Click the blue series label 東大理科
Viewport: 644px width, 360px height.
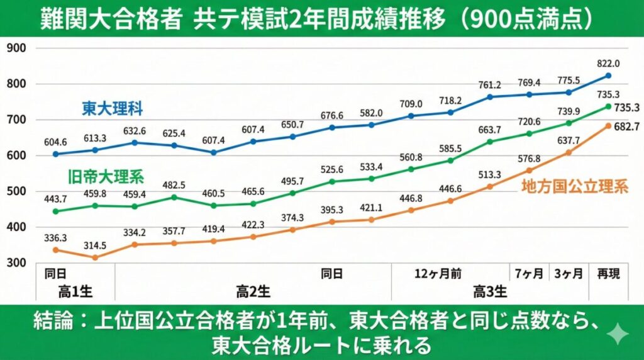click(x=113, y=109)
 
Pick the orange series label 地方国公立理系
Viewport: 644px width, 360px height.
click(x=574, y=187)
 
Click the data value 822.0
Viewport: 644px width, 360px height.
click(x=608, y=64)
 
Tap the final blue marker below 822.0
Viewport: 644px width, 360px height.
click(x=608, y=76)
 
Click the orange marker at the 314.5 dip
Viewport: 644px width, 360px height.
click(x=95, y=257)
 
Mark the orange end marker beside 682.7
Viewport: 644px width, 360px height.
click(x=608, y=125)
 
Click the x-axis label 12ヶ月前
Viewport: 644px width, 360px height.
click(x=438, y=274)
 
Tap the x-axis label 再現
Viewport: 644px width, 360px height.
click(x=608, y=274)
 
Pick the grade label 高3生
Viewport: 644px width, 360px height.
click(x=490, y=292)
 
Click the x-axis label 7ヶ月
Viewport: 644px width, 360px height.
click(x=529, y=274)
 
